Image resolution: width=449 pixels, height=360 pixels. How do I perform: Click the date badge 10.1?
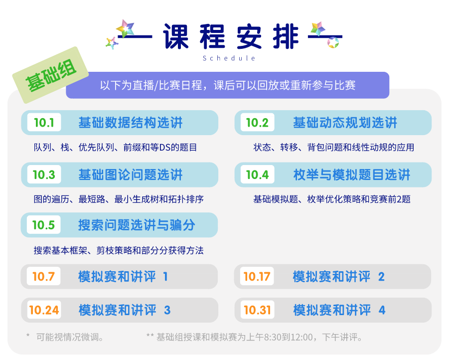pos(44,123)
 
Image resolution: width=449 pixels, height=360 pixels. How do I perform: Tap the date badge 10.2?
pos(258,123)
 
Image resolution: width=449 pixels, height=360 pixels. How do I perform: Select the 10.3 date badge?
pos(44,175)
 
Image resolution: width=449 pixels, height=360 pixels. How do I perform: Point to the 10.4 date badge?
pos(258,175)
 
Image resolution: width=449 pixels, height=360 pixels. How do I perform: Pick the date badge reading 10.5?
pos(43,225)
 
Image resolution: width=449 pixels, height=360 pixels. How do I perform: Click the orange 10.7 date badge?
pos(43,276)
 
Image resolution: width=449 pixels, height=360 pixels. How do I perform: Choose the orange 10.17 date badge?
pos(257,276)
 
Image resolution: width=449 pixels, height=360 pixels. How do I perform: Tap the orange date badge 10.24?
pos(44,310)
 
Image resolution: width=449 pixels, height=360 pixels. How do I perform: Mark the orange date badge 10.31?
pos(258,310)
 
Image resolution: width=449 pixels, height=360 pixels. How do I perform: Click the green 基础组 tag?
pos(50,75)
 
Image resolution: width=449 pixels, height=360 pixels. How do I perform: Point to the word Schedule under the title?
pos(229,58)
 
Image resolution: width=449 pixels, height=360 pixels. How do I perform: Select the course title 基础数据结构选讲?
pos(131,123)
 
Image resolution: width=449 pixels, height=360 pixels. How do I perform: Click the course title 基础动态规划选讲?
pos(345,123)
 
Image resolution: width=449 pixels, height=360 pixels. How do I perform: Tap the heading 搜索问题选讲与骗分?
pos(137,225)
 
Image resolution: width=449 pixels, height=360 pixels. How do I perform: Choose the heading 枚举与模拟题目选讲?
pos(352,175)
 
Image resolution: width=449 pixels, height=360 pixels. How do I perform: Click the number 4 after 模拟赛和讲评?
pos(382,310)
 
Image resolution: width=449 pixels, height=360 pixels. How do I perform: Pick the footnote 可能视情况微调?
pos(70,337)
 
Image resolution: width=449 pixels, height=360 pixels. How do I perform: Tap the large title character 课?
pos(176,36)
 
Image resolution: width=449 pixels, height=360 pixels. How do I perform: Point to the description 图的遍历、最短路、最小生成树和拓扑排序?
pos(119,199)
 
